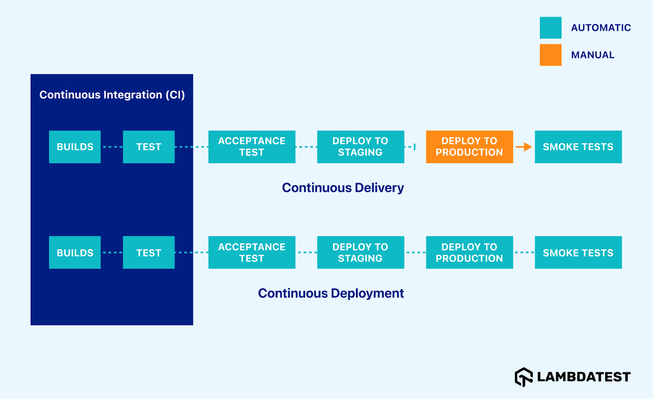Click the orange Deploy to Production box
pyautogui.click(x=469, y=147)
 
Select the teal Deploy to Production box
pyautogui.click(x=469, y=253)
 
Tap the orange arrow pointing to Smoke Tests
pyautogui.click(x=524, y=147)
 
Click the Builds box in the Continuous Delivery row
pyautogui.click(x=75, y=147)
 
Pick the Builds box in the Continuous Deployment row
pyautogui.click(x=75, y=253)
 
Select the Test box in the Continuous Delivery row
pyautogui.click(x=149, y=147)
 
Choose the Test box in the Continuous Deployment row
pyautogui.click(x=149, y=253)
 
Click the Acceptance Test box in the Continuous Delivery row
pyautogui.click(x=251, y=147)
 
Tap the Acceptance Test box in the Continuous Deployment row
pyautogui.click(x=251, y=253)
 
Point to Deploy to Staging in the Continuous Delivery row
pyautogui.click(x=360, y=147)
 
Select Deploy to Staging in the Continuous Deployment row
pyautogui.click(x=360, y=253)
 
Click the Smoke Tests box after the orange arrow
pyautogui.click(x=578, y=147)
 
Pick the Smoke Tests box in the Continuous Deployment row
pyautogui.click(x=578, y=253)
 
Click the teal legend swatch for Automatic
pyautogui.click(x=551, y=28)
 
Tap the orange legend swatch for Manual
pyautogui.click(x=551, y=55)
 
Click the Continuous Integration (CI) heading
pyautogui.click(x=112, y=95)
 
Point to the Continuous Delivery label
pyautogui.click(x=343, y=188)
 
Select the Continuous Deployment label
pyautogui.click(x=331, y=293)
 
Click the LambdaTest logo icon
pyautogui.click(x=524, y=377)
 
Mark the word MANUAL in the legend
pyautogui.click(x=593, y=55)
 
